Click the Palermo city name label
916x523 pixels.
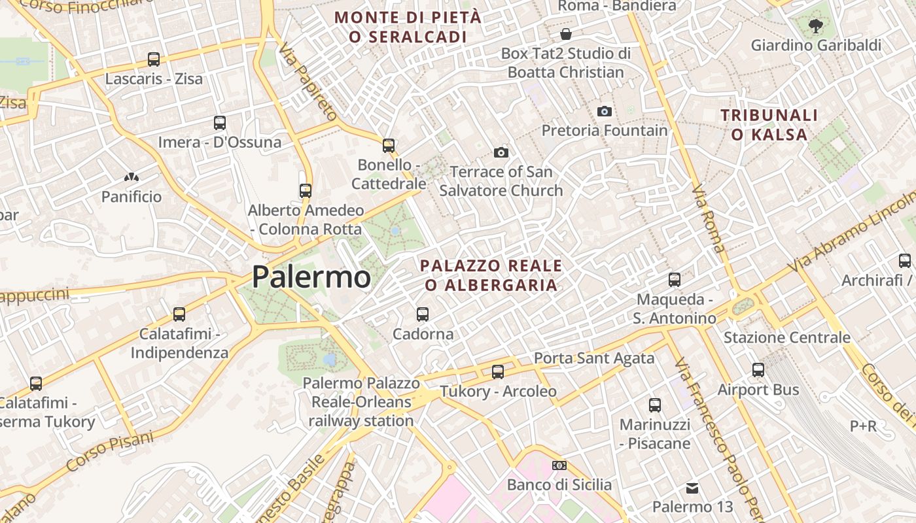click(x=311, y=277)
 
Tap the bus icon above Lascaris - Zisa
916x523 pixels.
click(x=154, y=59)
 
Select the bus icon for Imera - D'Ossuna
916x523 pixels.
click(x=220, y=122)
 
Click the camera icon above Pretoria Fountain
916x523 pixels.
click(x=605, y=111)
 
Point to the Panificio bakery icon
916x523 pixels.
click(x=131, y=177)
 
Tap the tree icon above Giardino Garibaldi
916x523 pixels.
click(x=815, y=26)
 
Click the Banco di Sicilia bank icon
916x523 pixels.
click(x=559, y=465)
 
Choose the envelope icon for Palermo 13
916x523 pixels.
click(x=692, y=488)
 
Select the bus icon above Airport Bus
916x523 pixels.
click(x=758, y=370)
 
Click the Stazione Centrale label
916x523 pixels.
click(x=786, y=338)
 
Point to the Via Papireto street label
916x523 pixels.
click(x=306, y=82)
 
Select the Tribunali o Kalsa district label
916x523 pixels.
click(x=769, y=125)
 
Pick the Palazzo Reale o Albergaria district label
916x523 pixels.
click(x=491, y=275)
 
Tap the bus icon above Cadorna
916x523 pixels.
click(x=423, y=314)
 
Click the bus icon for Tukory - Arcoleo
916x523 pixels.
click(x=498, y=372)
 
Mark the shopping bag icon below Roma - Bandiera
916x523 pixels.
click(x=565, y=33)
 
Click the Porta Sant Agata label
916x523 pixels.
click(x=594, y=358)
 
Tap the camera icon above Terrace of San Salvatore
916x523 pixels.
click(x=501, y=152)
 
